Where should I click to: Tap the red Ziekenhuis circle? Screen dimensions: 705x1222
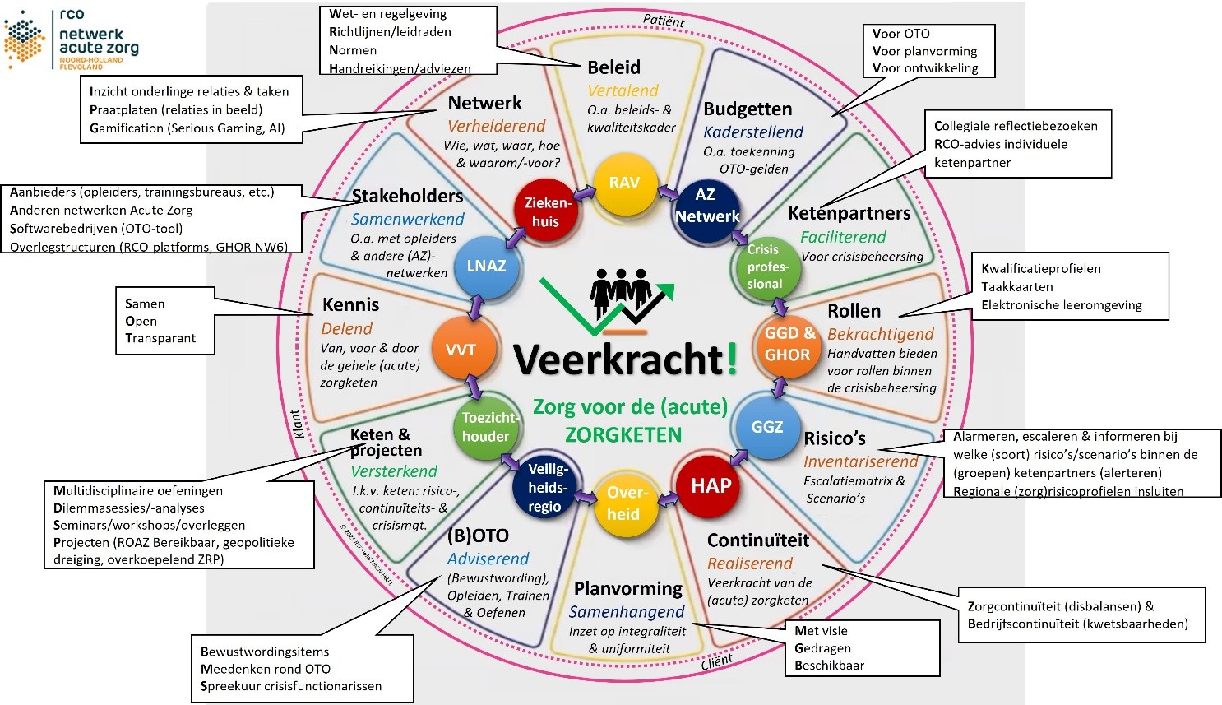(x=545, y=211)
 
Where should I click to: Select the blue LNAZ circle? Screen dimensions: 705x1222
(x=486, y=267)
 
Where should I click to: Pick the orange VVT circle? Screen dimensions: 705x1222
(x=461, y=350)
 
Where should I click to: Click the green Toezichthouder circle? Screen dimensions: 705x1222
(x=487, y=427)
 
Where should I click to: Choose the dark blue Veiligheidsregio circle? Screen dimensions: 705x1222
(x=546, y=486)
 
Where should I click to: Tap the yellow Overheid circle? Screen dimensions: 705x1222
(x=624, y=503)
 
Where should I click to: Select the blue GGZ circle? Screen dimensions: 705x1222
(x=766, y=427)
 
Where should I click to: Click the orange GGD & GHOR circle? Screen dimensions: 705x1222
(x=788, y=345)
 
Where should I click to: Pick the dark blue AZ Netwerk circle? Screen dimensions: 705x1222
(x=706, y=206)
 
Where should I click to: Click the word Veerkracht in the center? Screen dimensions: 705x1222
(x=618, y=359)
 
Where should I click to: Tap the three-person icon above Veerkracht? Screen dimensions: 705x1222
(x=621, y=292)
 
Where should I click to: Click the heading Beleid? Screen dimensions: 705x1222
(x=613, y=67)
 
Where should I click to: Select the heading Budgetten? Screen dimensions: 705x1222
(x=748, y=109)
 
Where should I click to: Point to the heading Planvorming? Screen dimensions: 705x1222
(x=628, y=589)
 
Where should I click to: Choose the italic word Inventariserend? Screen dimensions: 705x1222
(x=860, y=461)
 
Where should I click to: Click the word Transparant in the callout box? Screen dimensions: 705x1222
(x=160, y=338)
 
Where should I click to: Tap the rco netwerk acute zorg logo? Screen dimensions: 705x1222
(x=72, y=39)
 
